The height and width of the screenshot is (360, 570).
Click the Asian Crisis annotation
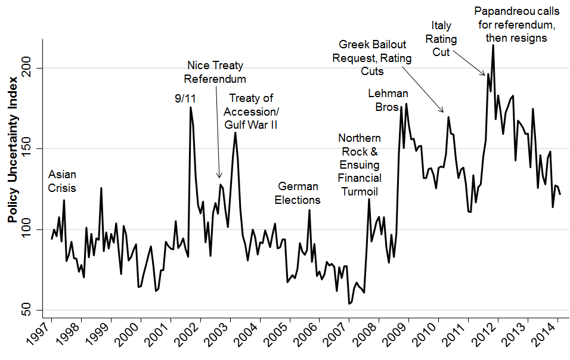[62, 181]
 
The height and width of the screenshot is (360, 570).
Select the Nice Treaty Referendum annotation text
[215, 72]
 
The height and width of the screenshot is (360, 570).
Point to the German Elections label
[298, 193]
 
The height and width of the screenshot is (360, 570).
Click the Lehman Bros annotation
[388, 100]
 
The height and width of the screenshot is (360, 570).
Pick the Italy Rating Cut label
[444, 39]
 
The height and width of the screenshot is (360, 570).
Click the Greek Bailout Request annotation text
[373, 58]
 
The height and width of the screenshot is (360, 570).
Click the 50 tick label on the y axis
[30, 310]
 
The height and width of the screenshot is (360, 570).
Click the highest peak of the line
[493, 45]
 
